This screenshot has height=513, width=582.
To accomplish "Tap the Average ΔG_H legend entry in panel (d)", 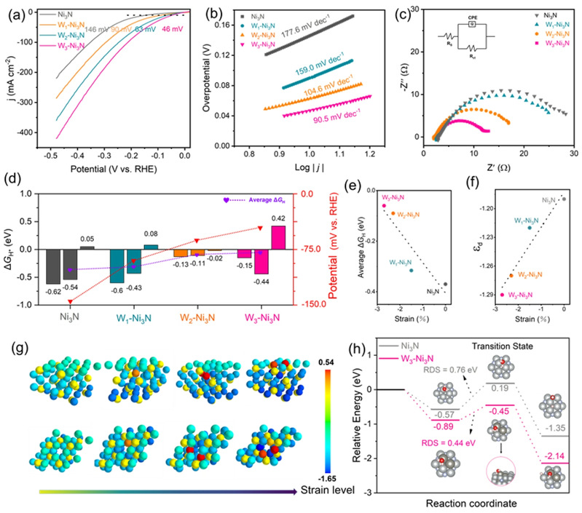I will coord(256,199).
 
